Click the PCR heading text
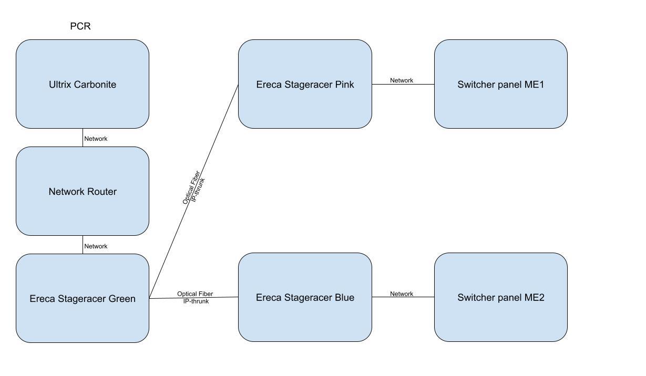(x=80, y=26)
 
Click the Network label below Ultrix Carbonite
(x=96, y=139)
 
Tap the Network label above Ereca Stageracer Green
(x=96, y=246)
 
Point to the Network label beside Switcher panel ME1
(x=402, y=80)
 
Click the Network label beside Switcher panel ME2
(x=402, y=294)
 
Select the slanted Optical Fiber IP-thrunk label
(x=194, y=187)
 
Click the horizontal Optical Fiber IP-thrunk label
(x=195, y=298)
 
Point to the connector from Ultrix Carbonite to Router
(x=83, y=138)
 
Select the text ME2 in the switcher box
(x=535, y=298)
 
